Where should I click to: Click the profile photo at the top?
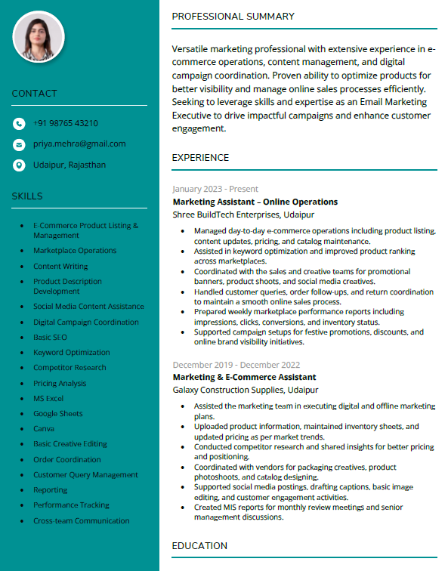pyautogui.click(x=39, y=37)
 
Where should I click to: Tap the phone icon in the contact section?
pyautogui.click(x=19, y=124)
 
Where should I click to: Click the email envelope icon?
pyautogui.click(x=19, y=144)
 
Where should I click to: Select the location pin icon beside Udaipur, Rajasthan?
pyautogui.click(x=19, y=165)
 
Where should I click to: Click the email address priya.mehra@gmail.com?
pyautogui.click(x=79, y=144)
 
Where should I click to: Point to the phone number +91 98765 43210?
pyautogui.click(x=66, y=123)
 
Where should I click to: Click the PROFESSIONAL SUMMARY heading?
pyautogui.click(x=233, y=17)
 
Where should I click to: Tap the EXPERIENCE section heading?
pyautogui.click(x=200, y=158)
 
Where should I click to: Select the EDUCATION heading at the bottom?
pyautogui.click(x=199, y=545)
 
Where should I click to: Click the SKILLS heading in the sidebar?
pyautogui.click(x=27, y=196)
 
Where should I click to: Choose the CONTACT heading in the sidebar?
pyautogui.click(x=34, y=94)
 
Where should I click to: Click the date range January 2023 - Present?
pyautogui.click(x=215, y=189)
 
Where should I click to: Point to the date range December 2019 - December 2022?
pyautogui.click(x=236, y=365)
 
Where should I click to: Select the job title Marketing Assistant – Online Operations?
pyautogui.click(x=255, y=202)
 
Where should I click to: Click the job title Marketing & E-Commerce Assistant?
pyautogui.click(x=244, y=377)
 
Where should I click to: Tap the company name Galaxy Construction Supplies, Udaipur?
pyautogui.click(x=246, y=390)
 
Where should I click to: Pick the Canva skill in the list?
pyautogui.click(x=44, y=429)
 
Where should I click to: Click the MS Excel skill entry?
pyautogui.click(x=48, y=398)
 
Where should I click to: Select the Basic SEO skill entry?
pyautogui.click(x=50, y=337)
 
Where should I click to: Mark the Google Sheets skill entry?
pyautogui.click(x=57, y=413)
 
